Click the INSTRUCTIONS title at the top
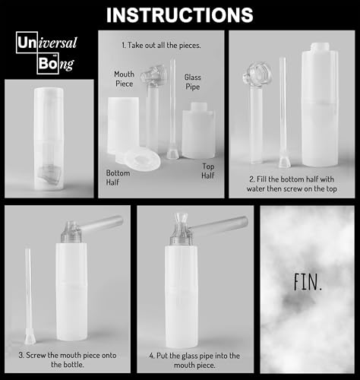pyautogui.click(x=179, y=14)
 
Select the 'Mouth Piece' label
pyautogui.click(x=125, y=79)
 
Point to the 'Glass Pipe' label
pyautogui.click(x=192, y=82)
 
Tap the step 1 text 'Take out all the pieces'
pyautogui.click(x=161, y=46)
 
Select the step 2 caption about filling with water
pyautogui.click(x=293, y=185)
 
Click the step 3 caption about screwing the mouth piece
pyautogui.click(x=67, y=359)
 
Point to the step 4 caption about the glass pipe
pyautogui.click(x=194, y=359)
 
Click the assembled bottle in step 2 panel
pyautogui.click(x=323, y=114)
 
